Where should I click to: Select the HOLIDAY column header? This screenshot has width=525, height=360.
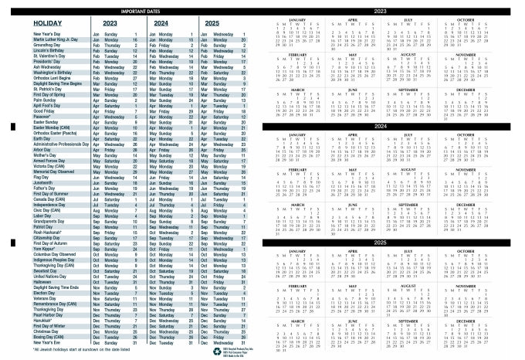pyautogui.click(x=33, y=23)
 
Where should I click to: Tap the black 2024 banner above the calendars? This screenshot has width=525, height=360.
pyautogui.click(x=390, y=126)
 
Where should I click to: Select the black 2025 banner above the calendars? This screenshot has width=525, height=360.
pyautogui.click(x=390, y=243)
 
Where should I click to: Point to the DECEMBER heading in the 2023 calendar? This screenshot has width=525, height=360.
pyautogui.click(x=486, y=90)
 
